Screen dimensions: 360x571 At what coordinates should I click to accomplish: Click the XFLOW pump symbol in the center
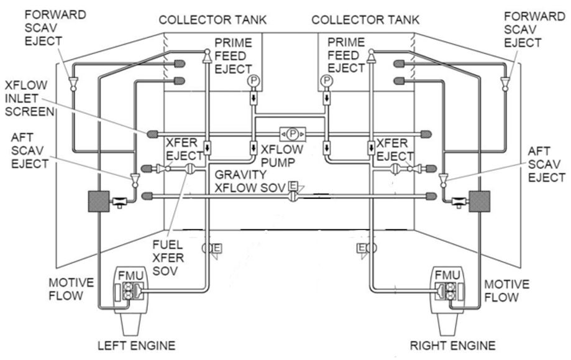(x=292, y=133)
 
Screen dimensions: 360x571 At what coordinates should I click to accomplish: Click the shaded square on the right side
(x=480, y=201)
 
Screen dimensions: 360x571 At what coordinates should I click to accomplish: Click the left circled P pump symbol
(x=253, y=81)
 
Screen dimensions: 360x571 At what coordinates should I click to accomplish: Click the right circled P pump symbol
(x=326, y=81)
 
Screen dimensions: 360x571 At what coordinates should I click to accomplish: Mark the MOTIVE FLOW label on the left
(x=73, y=290)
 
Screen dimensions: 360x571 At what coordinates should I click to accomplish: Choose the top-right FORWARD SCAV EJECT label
(x=532, y=30)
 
